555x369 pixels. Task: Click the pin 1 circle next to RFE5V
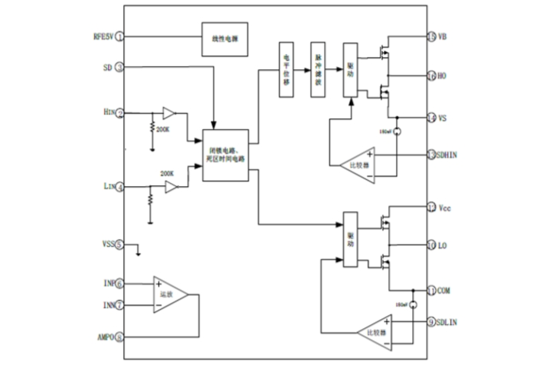(120, 36)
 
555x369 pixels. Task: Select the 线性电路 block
(225, 37)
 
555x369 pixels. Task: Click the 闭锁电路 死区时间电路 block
(225, 155)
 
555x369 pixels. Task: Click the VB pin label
(443, 36)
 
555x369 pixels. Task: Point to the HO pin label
(443, 76)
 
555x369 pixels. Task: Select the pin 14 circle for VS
(431, 118)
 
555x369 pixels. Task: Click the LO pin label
(443, 246)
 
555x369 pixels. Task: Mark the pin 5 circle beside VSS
(120, 246)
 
